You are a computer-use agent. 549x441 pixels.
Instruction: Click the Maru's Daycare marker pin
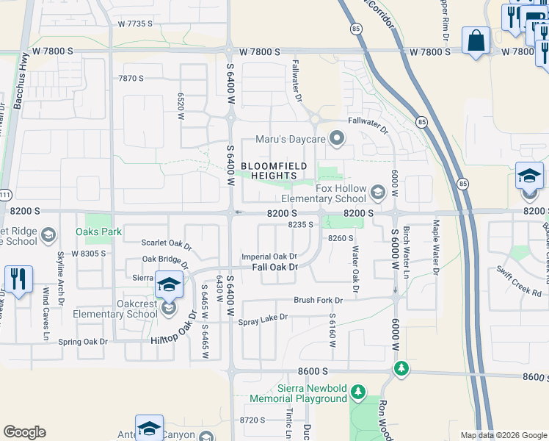338,138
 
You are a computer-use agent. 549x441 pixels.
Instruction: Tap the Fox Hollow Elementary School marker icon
377,193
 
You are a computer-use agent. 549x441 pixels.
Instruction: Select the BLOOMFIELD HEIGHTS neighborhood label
273,171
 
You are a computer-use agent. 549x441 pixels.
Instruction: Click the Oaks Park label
98,232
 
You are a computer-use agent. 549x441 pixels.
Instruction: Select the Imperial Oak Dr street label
269,257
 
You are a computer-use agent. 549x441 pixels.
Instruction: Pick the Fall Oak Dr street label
274,267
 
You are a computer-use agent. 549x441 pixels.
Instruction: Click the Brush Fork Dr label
319,300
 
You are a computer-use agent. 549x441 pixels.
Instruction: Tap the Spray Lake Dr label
263,318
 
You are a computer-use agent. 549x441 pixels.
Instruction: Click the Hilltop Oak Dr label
174,326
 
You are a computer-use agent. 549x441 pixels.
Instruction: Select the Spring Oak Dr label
83,342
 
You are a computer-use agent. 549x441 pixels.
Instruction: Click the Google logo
24,432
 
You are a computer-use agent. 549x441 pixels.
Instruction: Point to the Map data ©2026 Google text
503,435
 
